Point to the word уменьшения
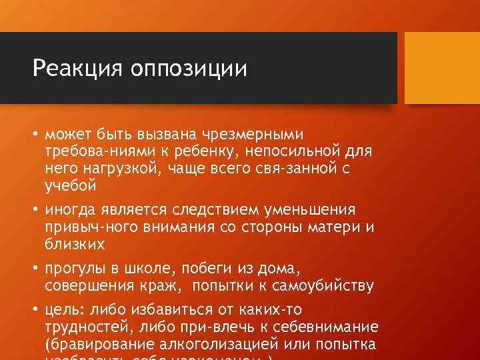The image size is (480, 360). [x=319, y=210]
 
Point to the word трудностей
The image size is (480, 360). [x=87, y=327]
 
